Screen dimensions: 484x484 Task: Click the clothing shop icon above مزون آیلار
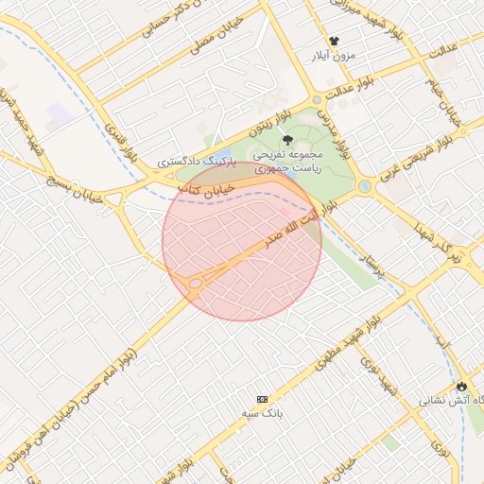[334, 42]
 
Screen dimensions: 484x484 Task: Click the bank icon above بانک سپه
[262, 400]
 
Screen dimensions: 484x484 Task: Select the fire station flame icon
[461, 386]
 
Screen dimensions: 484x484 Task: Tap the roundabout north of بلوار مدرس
[317, 99]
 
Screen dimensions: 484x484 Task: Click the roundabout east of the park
[364, 186]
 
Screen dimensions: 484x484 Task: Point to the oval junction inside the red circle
[196, 282]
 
